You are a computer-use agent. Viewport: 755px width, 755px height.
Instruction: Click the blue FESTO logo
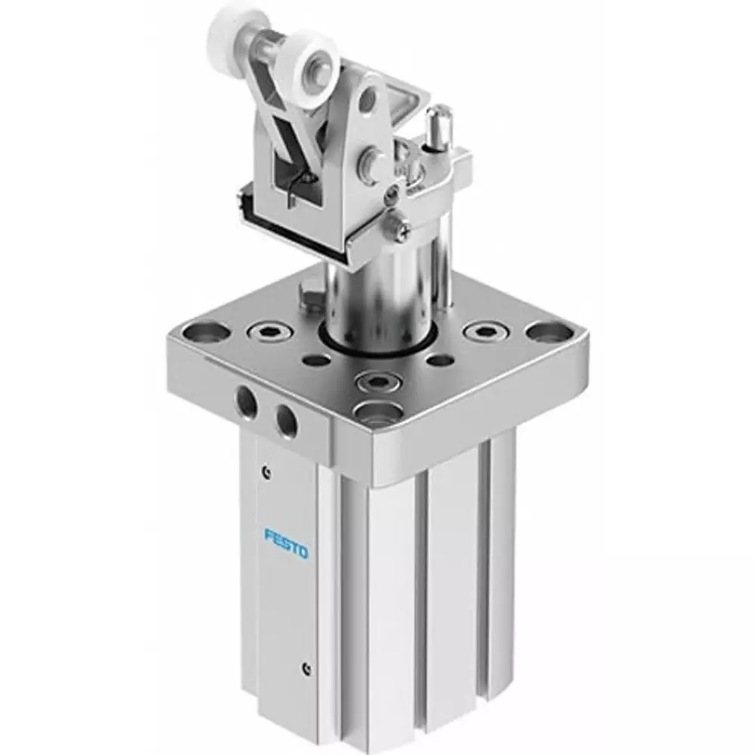pos(287,544)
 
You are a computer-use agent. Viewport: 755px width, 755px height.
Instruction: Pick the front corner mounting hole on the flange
pos(375,410)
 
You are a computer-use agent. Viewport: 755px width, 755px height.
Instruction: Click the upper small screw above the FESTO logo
pos(266,473)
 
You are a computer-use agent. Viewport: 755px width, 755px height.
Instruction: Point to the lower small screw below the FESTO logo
pos(304,667)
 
